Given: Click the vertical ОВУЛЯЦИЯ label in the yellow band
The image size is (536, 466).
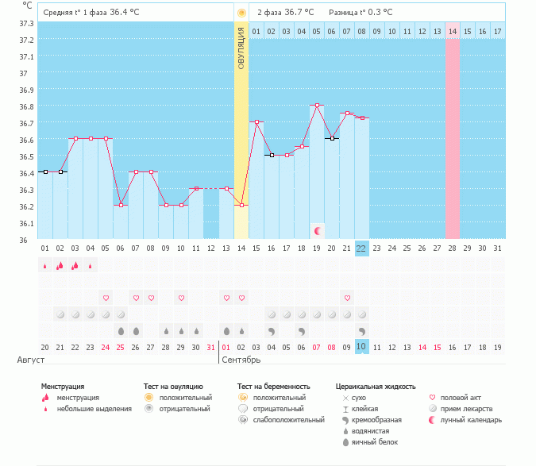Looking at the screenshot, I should tap(241, 48).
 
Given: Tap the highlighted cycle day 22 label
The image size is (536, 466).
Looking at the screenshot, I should tap(361, 248).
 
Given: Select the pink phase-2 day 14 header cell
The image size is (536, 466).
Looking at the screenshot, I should tap(453, 31).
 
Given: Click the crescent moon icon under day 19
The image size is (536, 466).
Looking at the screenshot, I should tap(318, 230).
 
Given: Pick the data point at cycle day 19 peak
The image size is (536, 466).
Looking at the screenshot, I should tap(317, 105).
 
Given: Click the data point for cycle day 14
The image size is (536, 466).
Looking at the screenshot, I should tap(241, 205).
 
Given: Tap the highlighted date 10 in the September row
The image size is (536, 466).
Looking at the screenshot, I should tap(361, 347).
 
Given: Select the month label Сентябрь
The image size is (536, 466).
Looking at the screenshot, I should tap(241, 360).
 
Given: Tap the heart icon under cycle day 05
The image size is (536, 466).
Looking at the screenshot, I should tap(106, 298).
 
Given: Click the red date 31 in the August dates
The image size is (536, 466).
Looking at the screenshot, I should tap(210, 347).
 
